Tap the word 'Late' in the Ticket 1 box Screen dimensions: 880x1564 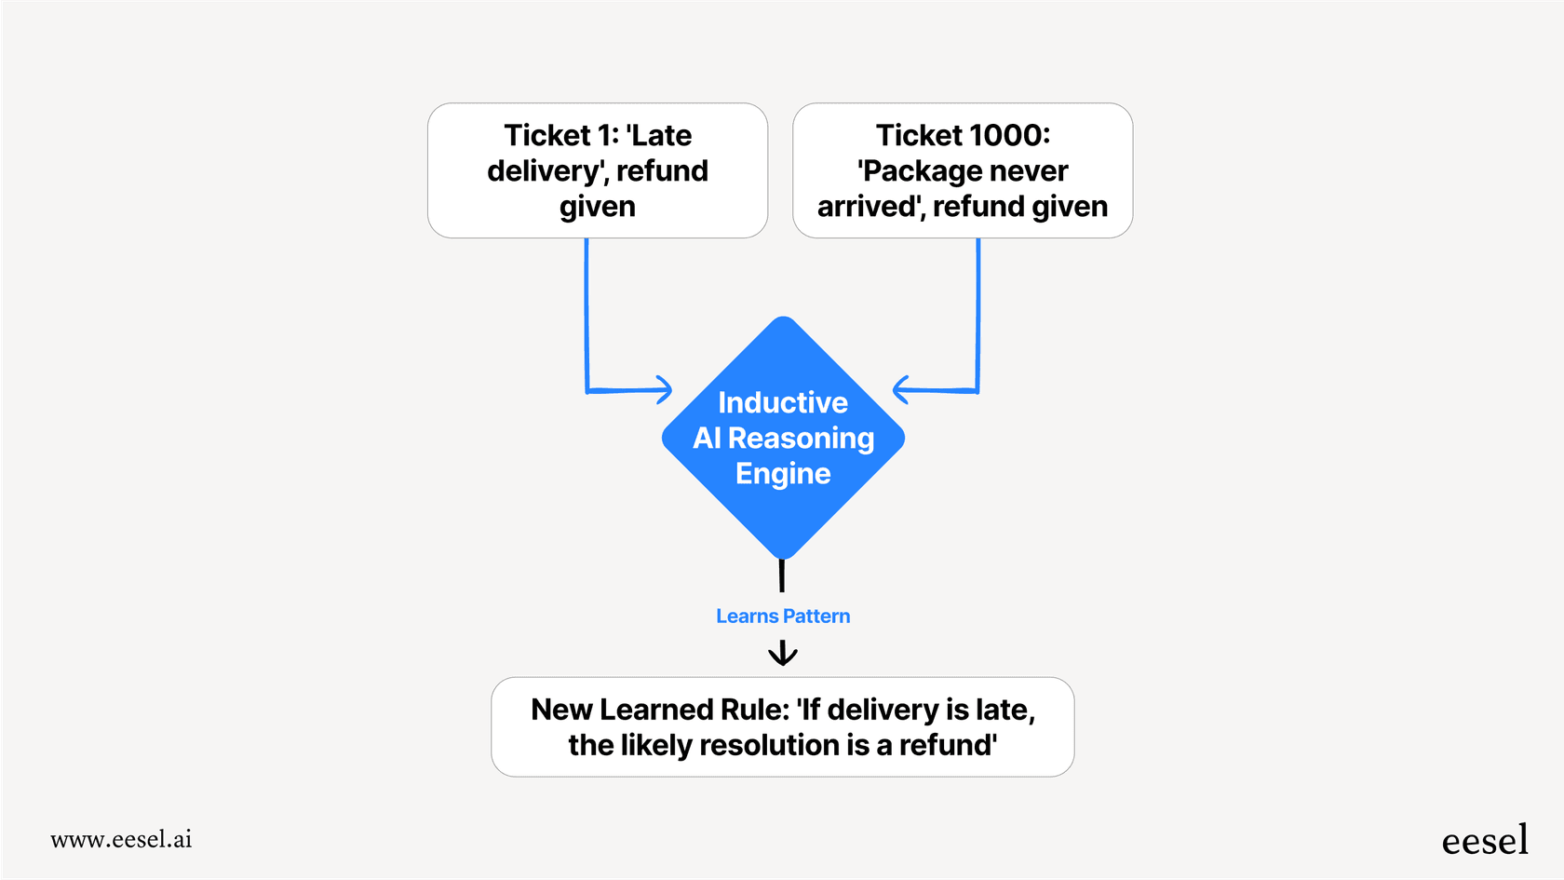click(660, 136)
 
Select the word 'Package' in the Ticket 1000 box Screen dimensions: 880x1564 click(922, 171)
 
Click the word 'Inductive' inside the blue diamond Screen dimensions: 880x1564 click(783, 402)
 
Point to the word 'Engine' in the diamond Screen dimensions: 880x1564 click(783, 474)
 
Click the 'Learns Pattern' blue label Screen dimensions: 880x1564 click(783, 616)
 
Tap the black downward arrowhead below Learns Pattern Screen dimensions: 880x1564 click(783, 656)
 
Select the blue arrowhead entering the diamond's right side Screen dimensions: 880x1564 click(900, 389)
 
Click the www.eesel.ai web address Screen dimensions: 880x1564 click(121, 839)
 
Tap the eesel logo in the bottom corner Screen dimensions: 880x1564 click(1485, 840)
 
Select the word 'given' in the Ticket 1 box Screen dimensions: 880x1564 click(598, 207)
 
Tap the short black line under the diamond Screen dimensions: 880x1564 click(782, 575)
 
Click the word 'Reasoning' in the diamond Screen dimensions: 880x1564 click(801, 438)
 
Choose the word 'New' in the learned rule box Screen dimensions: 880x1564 click(561, 710)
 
